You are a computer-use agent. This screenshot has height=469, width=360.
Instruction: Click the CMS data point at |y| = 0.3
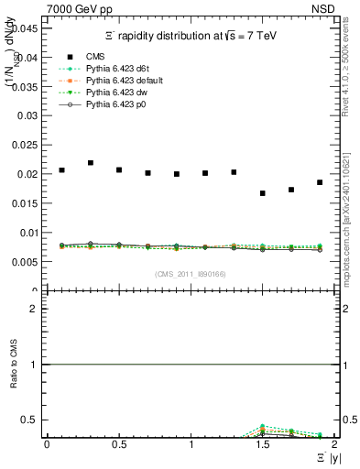click(91, 163)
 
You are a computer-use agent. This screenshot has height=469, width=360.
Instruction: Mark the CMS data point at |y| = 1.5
click(263, 193)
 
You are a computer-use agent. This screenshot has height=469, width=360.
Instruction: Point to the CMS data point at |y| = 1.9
click(320, 182)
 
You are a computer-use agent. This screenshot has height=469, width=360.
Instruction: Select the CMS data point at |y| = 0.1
click(61, 170)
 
